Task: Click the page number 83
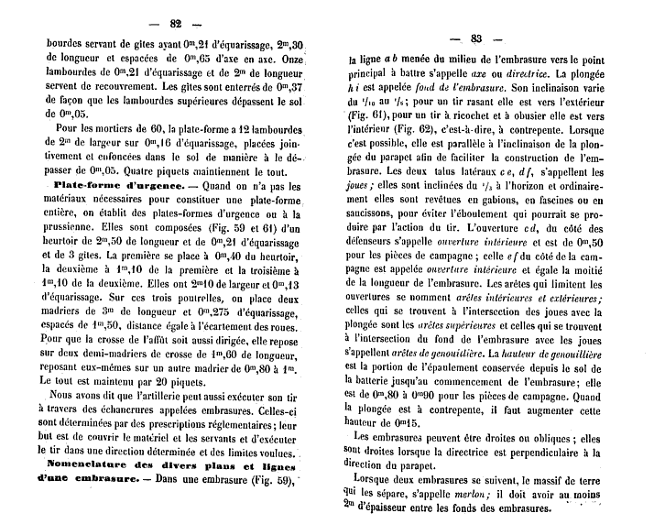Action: pyautogui.click(x=475, y=38)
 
